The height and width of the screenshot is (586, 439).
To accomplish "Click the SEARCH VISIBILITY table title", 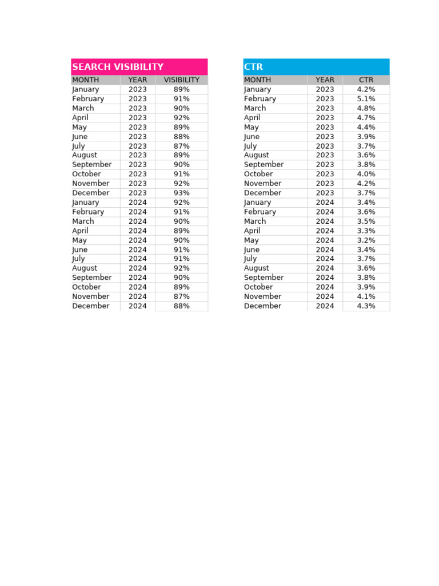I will pyautogui.click(x=118, y=67).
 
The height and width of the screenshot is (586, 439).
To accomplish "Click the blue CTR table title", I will pyautogui.click(x=253, y=67).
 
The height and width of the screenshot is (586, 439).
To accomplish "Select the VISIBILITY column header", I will pyautogui.click(x=181, y=80).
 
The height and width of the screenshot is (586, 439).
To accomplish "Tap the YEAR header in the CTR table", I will pyautogui.click(x=325, y=80).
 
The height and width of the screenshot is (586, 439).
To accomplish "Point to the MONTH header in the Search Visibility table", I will pyautogui.click(x=86, y=80).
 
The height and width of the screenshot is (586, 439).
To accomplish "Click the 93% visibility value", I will pyautogui.click(x=181, y=193).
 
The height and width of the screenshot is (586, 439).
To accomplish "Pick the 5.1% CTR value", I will pyautogui.click(x=366, y=99).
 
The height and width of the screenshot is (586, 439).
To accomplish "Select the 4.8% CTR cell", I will pyautogui.click(x=366, y=108).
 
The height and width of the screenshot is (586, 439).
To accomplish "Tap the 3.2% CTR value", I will pyautogui.click(x=366, y=240).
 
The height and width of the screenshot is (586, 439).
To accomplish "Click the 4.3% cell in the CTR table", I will pyautogui.click(x=366, y=306).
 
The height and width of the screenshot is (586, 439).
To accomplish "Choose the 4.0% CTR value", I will pyautogui.click(x=366, y=174).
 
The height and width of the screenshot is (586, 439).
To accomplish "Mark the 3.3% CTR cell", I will pyautogui.click(x=366, y=231).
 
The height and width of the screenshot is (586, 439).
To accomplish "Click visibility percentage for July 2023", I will pyautogui.click(x=181, y=146).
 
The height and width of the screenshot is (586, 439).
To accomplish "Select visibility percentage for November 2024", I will pyautogui.click(x=181, y=296).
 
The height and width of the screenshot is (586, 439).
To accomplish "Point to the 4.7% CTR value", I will pyautogui.click(x=366, y=118).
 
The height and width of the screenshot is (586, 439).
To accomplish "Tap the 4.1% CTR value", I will pyautogui.click(x=366, y=296).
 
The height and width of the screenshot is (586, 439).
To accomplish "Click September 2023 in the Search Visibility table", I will pyautogui.click(x=92, y=165).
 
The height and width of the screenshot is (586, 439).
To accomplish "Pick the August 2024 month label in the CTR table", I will pyautogui.click(x=258, y=268).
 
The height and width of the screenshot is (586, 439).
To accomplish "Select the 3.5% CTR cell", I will pyautogui.click(x=366, y=221).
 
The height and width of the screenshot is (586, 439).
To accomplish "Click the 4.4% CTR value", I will pyautogui.click(x=366, y=127).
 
